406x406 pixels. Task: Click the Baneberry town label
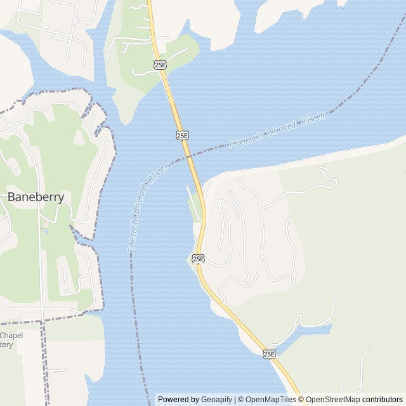pos(36,197)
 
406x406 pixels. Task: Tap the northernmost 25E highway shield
pos(160,64)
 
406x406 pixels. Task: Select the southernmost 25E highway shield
pos(270,353)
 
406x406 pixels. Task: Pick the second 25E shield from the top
pos(182,135)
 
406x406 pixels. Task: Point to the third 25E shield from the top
pos(198,258)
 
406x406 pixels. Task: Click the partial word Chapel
pos(11,336)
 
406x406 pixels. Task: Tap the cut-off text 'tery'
pos(6,344)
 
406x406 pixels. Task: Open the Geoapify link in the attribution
pos(216,400)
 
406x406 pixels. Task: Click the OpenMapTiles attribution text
pos(271,400)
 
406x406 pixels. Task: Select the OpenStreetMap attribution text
pos(334,400)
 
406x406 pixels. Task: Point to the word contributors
pos(383,400)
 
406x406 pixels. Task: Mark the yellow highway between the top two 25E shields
pos(171,98)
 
